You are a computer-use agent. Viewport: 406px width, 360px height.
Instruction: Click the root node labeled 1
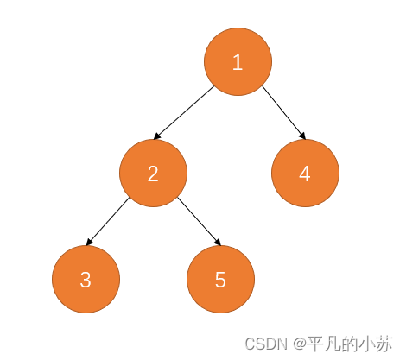(x=238, y=61)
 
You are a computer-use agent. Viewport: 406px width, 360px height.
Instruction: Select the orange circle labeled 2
(x=153, y=173)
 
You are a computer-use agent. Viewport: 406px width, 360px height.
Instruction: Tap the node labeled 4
(x=305, y=173)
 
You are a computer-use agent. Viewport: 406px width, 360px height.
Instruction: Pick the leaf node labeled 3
(x=86, y=279)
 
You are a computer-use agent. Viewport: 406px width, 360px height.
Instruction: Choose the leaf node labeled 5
(x=220, y=279)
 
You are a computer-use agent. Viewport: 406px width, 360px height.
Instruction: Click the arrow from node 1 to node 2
(x=184, y=112)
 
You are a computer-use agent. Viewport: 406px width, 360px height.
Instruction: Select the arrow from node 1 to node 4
(x=283, y=112)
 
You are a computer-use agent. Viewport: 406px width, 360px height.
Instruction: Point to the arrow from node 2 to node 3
(x=108, y=221)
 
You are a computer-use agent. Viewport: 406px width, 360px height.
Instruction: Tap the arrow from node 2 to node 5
(x=199, y=221)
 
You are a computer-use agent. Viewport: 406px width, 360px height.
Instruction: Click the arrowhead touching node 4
(x=302, y=136)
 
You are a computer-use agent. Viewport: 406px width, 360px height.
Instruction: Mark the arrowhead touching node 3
(x=89, y=242)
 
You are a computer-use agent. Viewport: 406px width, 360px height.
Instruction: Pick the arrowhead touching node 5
(x=218, y=242)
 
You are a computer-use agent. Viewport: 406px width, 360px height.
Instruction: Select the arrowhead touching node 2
(x=157, y=136)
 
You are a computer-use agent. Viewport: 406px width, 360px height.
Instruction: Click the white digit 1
(x=238, y=62)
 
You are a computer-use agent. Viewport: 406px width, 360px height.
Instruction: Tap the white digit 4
(x=305, y=174)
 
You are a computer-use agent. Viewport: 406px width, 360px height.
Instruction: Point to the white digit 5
(x=220, y=280)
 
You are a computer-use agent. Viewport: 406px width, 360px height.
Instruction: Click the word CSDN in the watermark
(x=266, y=344)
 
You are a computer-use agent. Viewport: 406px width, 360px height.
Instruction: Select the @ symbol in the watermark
(x=300, y=344)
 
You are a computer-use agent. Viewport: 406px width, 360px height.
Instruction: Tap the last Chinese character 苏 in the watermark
(x=384, y=344)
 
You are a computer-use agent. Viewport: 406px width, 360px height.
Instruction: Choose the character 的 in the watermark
(x=350, y=344)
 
